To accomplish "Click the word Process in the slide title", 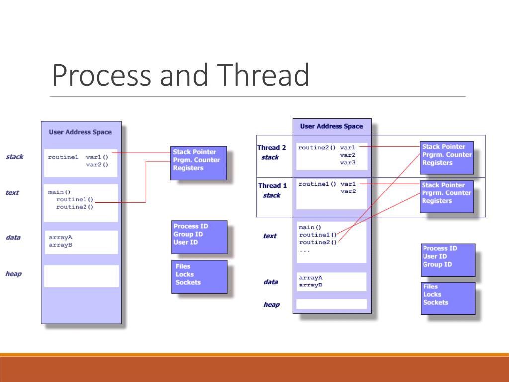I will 101,76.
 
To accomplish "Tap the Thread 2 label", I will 271,148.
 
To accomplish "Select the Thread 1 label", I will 272,186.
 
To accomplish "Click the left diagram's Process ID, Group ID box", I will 199,237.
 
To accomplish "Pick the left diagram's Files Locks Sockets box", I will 199,276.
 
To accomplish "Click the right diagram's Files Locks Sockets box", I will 447,297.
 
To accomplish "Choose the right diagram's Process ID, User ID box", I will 447,259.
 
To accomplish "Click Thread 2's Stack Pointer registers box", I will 446,157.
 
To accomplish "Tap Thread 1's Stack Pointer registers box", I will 446,195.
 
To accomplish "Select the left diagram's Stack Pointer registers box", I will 198,162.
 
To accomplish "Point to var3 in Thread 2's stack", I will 348,163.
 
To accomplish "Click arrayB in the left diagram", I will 60,245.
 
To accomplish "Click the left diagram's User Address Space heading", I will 81,132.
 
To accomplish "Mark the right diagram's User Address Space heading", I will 332,126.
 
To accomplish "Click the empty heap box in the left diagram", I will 82,276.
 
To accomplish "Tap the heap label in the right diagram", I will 271,304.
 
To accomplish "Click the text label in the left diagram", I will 12,192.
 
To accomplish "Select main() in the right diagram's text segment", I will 310,227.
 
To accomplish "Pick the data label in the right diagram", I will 271,282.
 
